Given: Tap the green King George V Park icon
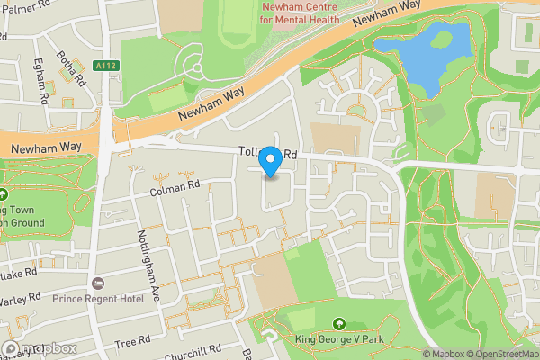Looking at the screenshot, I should click(x=338, y=323).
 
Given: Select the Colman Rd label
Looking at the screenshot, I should click(x=174, y=187).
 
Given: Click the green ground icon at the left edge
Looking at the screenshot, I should click(x=4, y=193).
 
